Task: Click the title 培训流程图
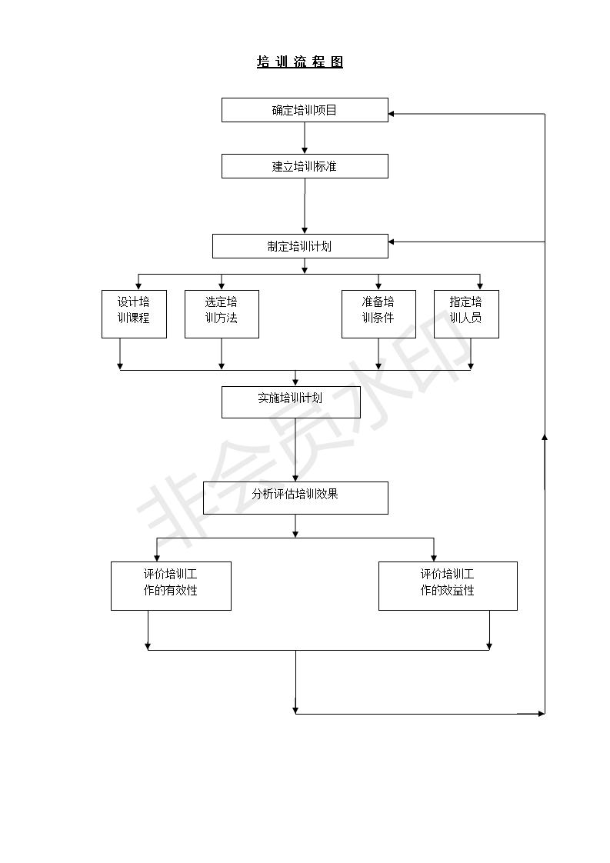click(300, 62)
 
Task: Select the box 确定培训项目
click(305, 110)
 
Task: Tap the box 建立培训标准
click(305, 166)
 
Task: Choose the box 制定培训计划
click(300, 246)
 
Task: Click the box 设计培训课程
click(134, 314)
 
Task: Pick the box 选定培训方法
click(222, 314)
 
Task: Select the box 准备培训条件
click(378, 314)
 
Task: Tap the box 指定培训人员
click(466, 314)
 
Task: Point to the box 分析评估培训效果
click(295, 498)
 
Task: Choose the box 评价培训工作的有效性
click(171, 586)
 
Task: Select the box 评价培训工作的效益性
click(448, 586)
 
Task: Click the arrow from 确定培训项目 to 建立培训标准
click(305, 138)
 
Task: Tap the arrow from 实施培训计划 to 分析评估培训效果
click(295, 450)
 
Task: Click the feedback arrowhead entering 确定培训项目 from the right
click(392, 114)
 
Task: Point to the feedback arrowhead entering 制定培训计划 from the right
click(392, 242)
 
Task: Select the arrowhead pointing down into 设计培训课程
click(138, 286)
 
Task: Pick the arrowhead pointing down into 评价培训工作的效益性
click(434, 557)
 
